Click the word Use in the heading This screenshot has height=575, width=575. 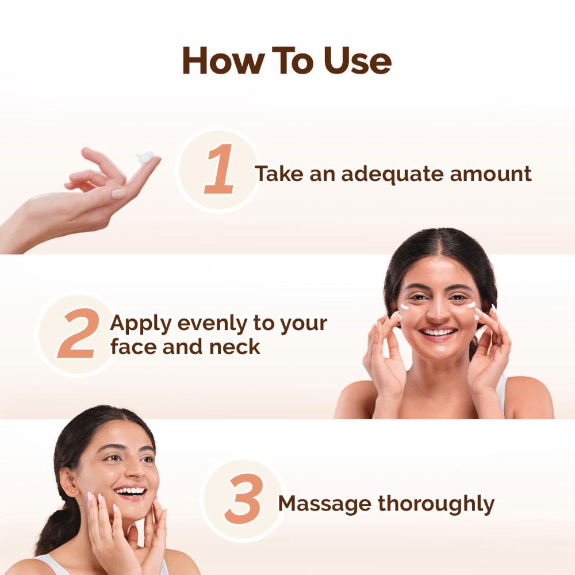pyautogui.click(x=357, y=61)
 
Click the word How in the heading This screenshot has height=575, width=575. pyautogui.click(x=223, y=60)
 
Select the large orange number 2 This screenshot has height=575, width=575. pyautogui.click(x=78, y=333)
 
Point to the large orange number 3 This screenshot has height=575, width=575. pyautogui.click(x=244, y=499)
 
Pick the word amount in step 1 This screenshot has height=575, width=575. pyautogui.click(x=490, y=174)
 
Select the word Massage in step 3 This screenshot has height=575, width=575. pyautogui.click(x=324, y=504)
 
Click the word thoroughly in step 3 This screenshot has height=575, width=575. pyautogui.click(x=436, y=504)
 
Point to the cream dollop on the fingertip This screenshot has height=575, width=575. pyautogui.click(x=145, y=157)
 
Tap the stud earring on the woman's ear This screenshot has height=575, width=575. pyautogui.click(x=72, y=490)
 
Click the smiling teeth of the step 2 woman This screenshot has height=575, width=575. pyautogui.click(x=438, y=332)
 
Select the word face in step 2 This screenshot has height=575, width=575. pyautogui.click(x=133, y=347)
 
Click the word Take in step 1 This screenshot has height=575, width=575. pyautogui.click(x=279, y=174)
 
